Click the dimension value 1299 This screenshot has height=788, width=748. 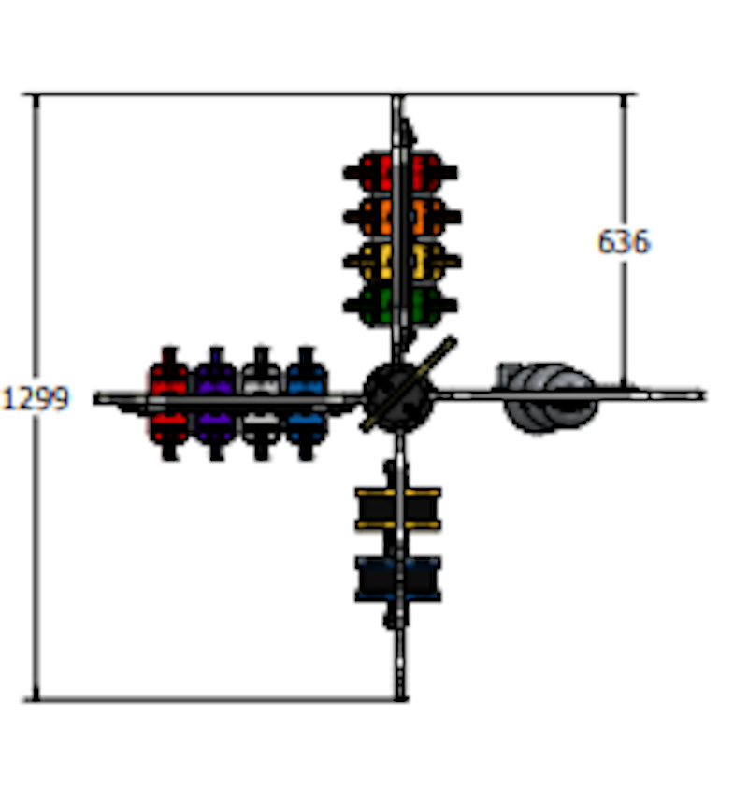pyautogui.click(x=36, y=398)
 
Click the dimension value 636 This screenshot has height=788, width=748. pyautogui.click(x=624, y=242)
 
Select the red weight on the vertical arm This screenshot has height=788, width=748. pyautogui.click(x=400, y=172)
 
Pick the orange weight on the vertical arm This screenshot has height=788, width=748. pyautogui.click(x=402, y=217)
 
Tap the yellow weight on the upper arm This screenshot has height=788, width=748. pyautogui.click(x=402, y=262)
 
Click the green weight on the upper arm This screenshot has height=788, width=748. pyautogui.click(x=400, y=306)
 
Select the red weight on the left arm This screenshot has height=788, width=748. pyautogui.click(x=169, y=403)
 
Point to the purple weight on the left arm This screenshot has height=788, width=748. pyautogui.click(x=215, y=403)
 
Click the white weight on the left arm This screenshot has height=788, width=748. pyautogui.click(x=261, y=403)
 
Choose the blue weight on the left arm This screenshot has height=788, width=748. pyautogui.click(x=306, y=403)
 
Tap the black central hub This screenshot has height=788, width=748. pyautogui.click(x=398, y=397)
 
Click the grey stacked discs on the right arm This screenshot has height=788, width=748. pyautogui.click(x=549, y=397)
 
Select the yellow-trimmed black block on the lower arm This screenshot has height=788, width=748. pyautogui.click(x=398, y=509)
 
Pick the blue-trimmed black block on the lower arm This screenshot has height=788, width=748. pyautogui.click(x=398, y=579)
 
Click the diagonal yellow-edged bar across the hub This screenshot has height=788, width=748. pyautogui.click(x=409, y=383)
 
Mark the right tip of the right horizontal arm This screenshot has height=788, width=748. pyautogui.click(x=705, y=395)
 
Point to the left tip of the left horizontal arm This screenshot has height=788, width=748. pyautogui.click(x=95, y=399)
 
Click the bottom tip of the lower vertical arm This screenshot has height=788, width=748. pyautogui.click(x=400, y=698)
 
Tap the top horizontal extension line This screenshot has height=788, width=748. pyautogui.click(x=329, y=94)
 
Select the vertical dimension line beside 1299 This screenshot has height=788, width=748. pyautogui.click(x=36, y=397)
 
